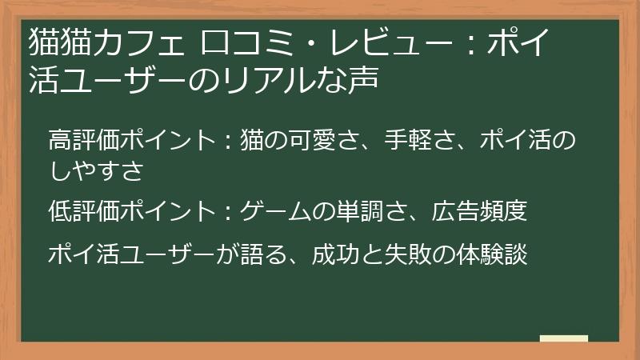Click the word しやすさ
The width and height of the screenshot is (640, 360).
click(95, 170)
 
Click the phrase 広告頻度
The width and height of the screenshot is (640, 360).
click(480, 212)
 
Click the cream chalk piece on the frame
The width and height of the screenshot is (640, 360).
click(564, 338)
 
